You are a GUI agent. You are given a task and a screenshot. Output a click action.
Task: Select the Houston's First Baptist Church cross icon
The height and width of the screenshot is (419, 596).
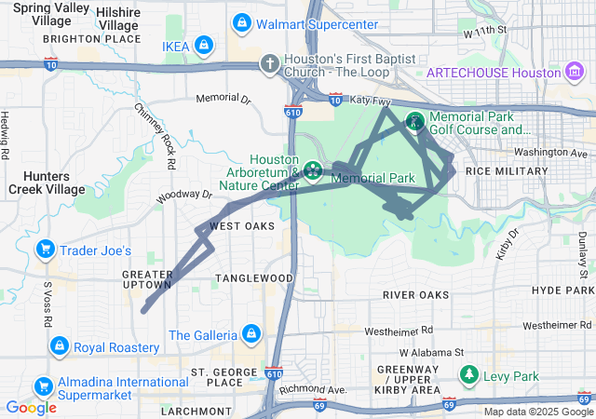click(269, 64)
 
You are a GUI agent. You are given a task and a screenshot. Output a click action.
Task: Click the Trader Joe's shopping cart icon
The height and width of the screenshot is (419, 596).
click(44, 250)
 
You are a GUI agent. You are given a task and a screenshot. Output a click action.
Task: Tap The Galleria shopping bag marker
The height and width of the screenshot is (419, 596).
click(251, 333)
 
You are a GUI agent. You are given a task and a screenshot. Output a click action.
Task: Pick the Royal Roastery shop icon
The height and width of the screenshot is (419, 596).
click(60, 347)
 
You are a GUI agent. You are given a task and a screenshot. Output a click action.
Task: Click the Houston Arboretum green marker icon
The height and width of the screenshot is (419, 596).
click(315, 171)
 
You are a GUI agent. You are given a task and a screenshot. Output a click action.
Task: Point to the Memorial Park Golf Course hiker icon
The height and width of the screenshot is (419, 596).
click(414, 121)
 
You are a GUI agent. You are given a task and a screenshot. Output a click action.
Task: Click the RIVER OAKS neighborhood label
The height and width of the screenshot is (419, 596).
click(415, 295)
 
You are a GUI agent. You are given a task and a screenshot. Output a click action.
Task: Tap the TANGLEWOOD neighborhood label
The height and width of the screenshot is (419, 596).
click(254, 278)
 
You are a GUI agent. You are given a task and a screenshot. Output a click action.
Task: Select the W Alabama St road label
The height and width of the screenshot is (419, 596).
click(431, 353)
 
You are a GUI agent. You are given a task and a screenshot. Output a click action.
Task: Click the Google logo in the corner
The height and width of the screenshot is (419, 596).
click(31, 408)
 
